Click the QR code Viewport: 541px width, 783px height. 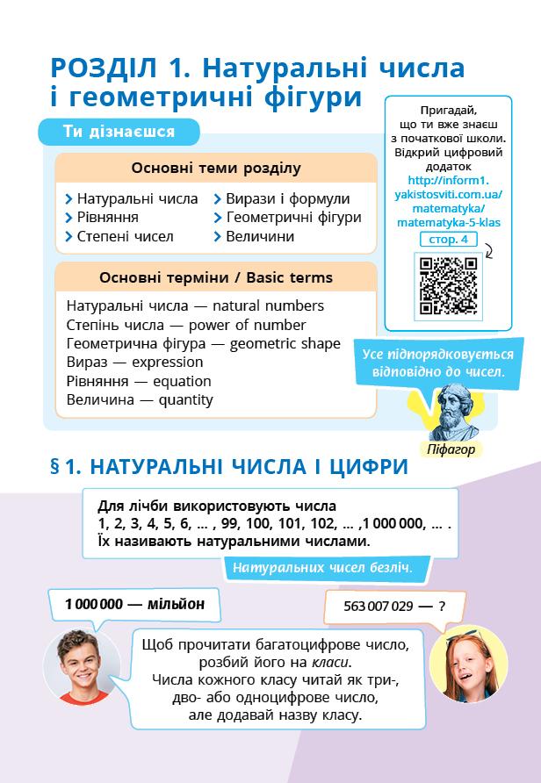tap(448, 285)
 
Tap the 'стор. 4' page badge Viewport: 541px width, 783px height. tap(449, 239)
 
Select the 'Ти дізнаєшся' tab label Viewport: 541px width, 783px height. tap(119, 132)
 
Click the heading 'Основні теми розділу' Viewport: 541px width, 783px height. tap(216, 168)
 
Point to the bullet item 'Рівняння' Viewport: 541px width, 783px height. tap(107, 218)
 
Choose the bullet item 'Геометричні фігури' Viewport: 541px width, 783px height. tap(293, 218)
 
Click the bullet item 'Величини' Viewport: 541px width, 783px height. tap(260, 237)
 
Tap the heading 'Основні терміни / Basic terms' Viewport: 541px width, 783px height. tap(216, 278)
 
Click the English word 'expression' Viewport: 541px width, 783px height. tap(166, 362)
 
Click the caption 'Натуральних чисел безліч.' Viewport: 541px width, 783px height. tap(322, 567)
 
